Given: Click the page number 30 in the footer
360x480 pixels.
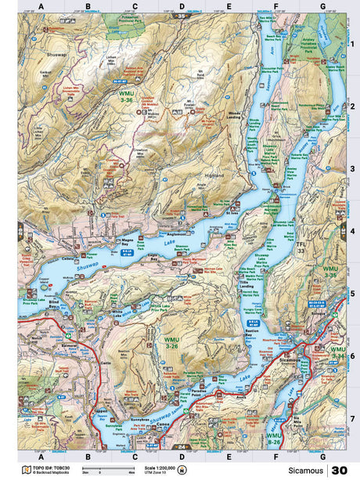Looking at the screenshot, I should pos(340,471).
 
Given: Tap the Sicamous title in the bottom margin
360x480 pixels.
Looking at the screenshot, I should pos(304,471).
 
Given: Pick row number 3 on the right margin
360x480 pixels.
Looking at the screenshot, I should pos(353,168).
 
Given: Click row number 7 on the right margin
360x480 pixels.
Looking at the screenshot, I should pos(353,418).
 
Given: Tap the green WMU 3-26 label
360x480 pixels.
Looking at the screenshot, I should pos(171,342).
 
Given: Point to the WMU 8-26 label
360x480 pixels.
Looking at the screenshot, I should pos(273,438).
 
